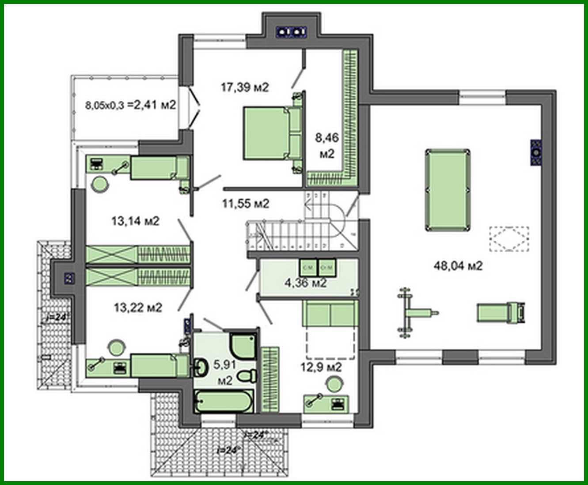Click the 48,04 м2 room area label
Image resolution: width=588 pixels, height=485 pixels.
click(x=458, y=266)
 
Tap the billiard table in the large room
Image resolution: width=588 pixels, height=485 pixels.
click(x=447, y=190)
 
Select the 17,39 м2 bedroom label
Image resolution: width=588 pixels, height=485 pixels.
click(x=244, y=87)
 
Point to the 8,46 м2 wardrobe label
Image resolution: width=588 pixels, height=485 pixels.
click(x=326, y=145)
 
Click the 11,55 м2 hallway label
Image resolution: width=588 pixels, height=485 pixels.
click(x=245, y=204)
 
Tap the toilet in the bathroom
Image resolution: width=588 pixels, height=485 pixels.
click(x=247, y=376)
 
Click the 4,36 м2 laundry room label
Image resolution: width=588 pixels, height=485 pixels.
click(x=306, y=283)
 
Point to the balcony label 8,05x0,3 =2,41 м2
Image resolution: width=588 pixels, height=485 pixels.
click(x=130, y=105)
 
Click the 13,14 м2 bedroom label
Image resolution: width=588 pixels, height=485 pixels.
click(x=135, y=221)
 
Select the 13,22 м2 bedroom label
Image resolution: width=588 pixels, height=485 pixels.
click(x=137, y=307)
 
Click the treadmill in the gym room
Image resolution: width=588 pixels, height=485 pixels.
click(x=501, y=312)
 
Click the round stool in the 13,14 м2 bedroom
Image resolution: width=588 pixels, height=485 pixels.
click(x=100, y=184)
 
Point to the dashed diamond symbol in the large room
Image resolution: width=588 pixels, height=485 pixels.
click(x=508, y=239)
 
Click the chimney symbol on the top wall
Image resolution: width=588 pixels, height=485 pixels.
click(x=291, y=31)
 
